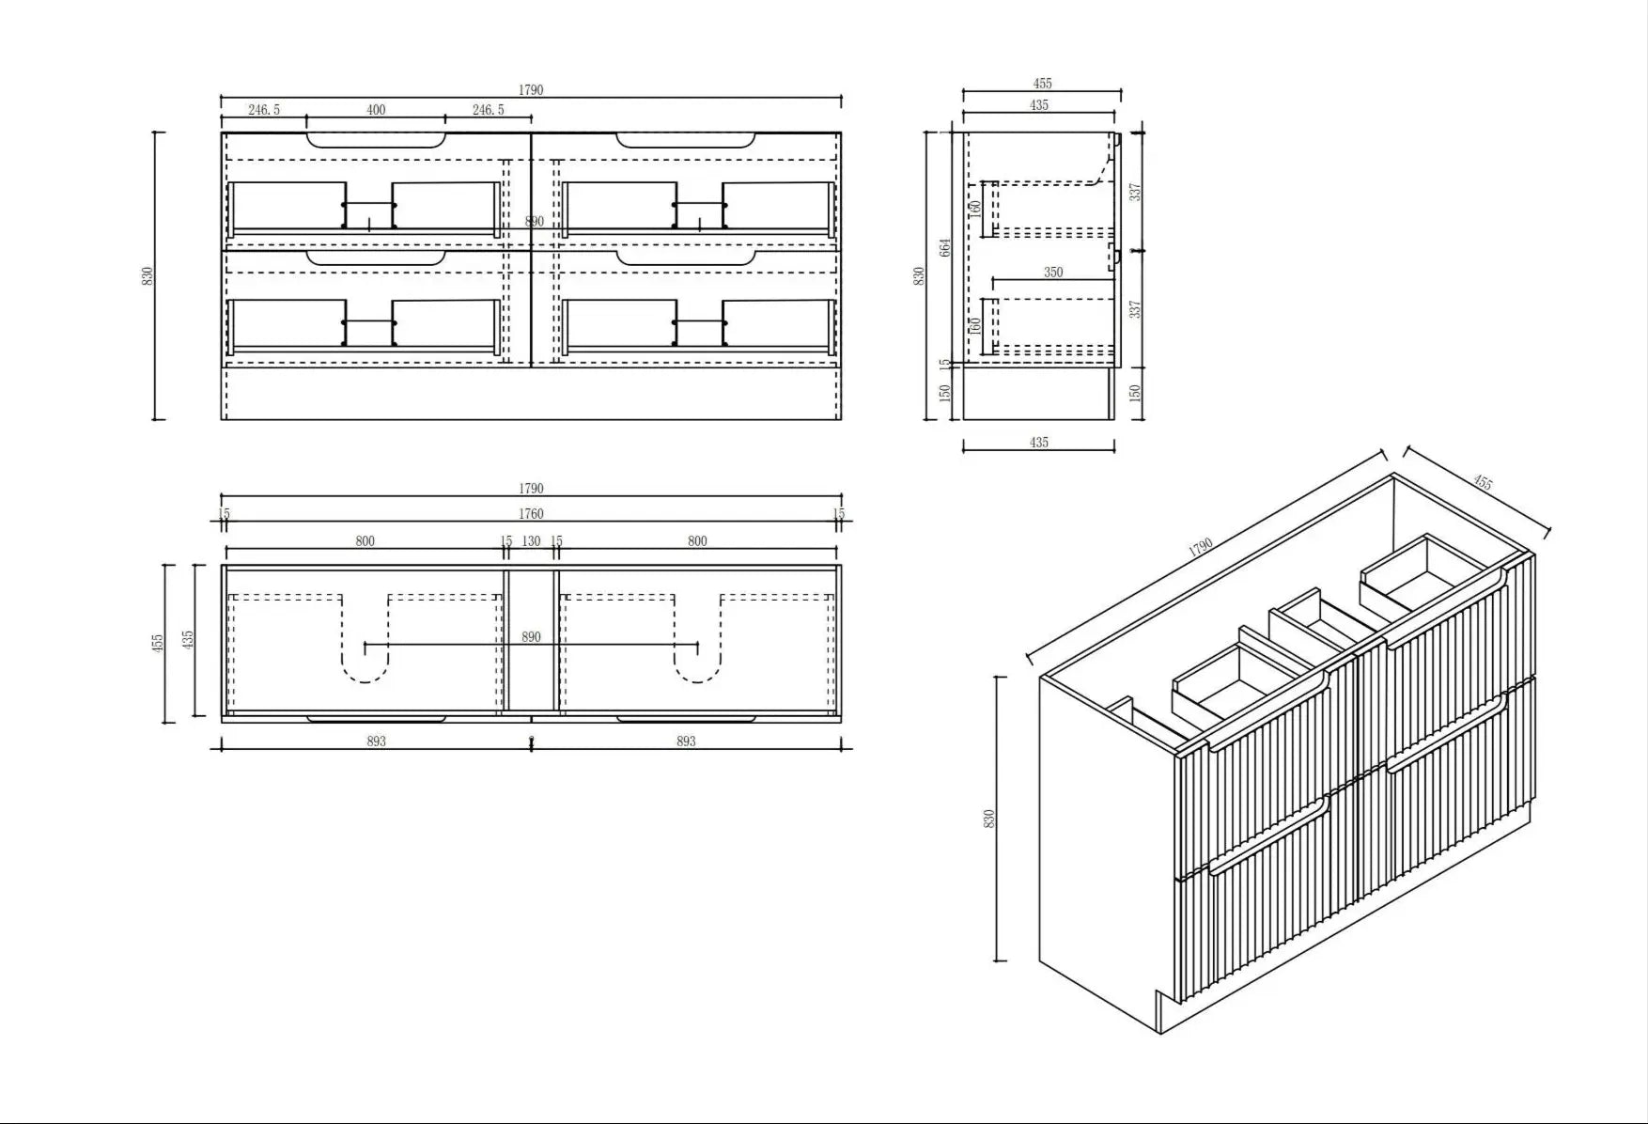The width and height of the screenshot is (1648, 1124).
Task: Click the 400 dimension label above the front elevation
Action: (x=376, y=110)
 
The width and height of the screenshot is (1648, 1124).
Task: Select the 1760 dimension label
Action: (x=531, y=514)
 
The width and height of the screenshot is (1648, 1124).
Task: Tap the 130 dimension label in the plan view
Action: (x=531, y=541)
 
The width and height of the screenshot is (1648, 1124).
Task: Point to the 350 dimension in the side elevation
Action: (x=1053, y=273)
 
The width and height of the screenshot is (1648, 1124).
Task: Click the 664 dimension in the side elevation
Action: (x=945, y=247)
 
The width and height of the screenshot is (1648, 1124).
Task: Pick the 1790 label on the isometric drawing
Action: (x=1201, y=547)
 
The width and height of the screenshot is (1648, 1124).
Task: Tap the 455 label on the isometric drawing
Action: (x=1482, y=483)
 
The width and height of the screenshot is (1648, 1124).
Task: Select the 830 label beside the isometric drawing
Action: (x=988, y=819)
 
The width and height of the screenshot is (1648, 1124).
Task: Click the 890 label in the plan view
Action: (x=531, y=637)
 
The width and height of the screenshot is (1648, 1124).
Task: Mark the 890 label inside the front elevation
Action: (x=534, y=222)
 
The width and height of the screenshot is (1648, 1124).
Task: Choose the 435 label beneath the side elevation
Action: (x=1039, y=443)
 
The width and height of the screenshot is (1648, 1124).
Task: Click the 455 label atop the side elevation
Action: (x=1042, y=84)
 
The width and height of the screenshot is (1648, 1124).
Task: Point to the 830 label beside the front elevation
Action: (x=147, y=276)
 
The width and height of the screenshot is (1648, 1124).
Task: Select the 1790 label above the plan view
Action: (x=531, y=489)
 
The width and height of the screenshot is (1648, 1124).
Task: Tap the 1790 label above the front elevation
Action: (x=531, y=90)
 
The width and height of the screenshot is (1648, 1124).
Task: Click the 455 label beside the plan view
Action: (x=157, y=643)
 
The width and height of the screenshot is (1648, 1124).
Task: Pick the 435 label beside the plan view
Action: (x=188, y=640)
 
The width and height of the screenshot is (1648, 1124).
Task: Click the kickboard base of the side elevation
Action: (x=1038, y=393)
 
